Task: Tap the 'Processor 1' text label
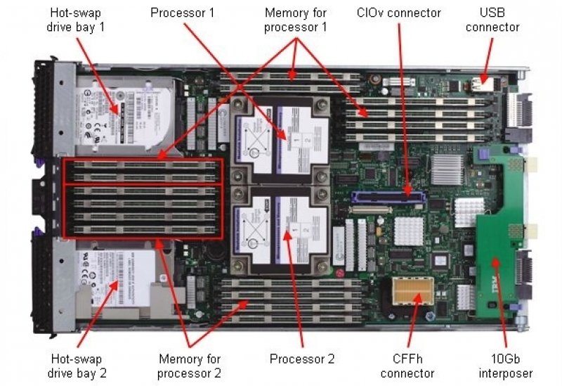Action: [x=183, y=13]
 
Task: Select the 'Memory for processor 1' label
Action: [x=295, y=20]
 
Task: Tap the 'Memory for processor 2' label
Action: [x=190, y=366]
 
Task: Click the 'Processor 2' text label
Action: [x=302, y=359]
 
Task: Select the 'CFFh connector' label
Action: [x=412, y=366]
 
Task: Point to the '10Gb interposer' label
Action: [x=504, y=366]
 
